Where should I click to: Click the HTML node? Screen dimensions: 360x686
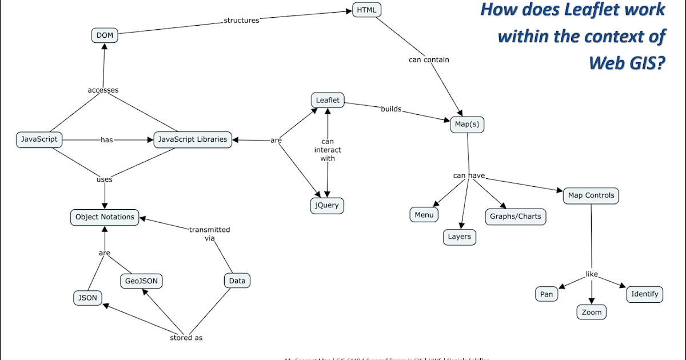tap(366, 10)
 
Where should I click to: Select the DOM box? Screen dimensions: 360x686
tap(105, 35)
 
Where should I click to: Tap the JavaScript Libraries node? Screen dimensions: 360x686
tap(193, 139)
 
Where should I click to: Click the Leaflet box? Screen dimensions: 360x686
tap(328, 100)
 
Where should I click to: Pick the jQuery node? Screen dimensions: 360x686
tap(328, 205)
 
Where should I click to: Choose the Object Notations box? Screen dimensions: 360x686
tap(105, 217)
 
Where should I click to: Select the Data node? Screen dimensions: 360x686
tap(237, 281)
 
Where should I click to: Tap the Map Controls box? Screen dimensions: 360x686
tap(591, 195)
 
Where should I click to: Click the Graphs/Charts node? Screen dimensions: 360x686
tap(515, 217)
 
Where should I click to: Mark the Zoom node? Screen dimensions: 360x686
tap(591, 312)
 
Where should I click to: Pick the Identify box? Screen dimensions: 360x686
tap(645, 294)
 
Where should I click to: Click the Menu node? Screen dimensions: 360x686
tap(424, 215)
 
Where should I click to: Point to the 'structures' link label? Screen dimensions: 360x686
tap(241, 21)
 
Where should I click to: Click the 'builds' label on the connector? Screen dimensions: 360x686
tap(391, 109)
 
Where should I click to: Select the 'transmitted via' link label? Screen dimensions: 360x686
tap(209, 234)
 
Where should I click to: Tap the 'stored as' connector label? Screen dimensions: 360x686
tap(186, 338)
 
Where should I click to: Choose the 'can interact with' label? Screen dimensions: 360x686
tap(328, 150)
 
